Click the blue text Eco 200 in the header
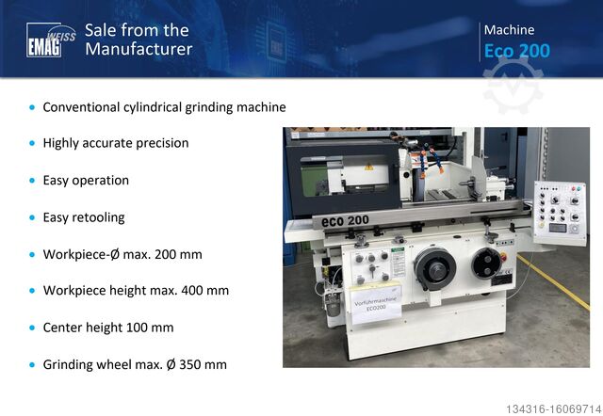click(x=516, y=51)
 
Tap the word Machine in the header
click(x=509, y=30)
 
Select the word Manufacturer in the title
click(x=139, y=49)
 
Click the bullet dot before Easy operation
click(x=33, y=181)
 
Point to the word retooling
click(x=98, y=217)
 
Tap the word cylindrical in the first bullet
click(x=149, y=107)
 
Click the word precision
click(x=160, y=143)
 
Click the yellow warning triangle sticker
click(x=368, y=168)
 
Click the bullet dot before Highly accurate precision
click(x=33, y=144)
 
